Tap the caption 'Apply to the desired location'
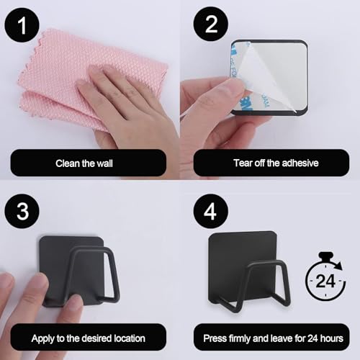88,337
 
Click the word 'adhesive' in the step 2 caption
295,163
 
